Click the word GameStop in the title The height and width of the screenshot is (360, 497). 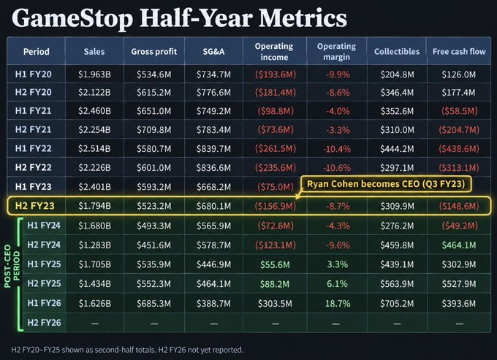click(x=72, y=18)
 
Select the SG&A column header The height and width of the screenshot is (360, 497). click(x=213, y=51)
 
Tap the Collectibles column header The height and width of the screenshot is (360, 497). click(x=397, y=51)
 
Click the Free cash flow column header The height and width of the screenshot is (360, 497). click(x=459, y=51)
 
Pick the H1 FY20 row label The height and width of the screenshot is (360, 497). click(x=34, y=74)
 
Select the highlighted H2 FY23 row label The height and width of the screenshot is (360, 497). click(x=35, y=206)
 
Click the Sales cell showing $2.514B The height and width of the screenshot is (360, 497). click(x=94, y=148)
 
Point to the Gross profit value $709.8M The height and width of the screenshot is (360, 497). click(x=153, y=129)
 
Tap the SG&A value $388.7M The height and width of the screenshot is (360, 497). click(x=213, y=303)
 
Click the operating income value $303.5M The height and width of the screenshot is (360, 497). click(x=275, y=303)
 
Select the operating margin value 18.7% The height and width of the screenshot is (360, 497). click(x=338, y=303)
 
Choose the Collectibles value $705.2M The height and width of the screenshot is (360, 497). click(x=397, y=303)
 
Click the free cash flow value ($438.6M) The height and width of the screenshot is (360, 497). click(x=459, y=148)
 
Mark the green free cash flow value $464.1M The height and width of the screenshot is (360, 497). click(x=459, y=245)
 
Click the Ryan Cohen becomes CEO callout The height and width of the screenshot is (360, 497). click(x=386, y=184)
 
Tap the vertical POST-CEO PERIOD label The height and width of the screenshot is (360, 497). click(x=12, y=266)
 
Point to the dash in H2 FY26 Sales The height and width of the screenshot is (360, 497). click(x=94, y=323)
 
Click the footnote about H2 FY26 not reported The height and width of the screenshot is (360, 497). click(x=127, y=350)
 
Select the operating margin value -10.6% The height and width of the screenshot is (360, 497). click(x=337, y=167)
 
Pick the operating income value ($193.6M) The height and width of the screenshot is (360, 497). click(x=276, y=74)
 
